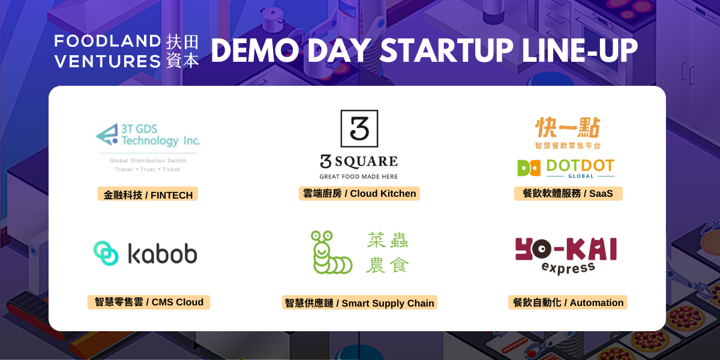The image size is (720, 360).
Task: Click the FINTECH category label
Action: (148, 194)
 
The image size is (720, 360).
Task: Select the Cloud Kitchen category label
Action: (359, 193)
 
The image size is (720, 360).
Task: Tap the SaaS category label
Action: (568, 193)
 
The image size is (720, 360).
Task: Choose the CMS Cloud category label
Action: (149, 302)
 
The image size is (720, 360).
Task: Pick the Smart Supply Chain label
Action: (359, 302)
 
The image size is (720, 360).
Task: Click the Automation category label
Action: (568, 302)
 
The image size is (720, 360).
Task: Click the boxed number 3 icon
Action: (359, 128)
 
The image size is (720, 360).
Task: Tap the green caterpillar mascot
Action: (331, 253)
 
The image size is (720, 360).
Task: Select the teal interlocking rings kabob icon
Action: (106, 253)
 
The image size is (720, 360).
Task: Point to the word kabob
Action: (163, 254)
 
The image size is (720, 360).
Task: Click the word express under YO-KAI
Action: (568, 268)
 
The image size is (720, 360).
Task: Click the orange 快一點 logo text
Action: (568, 127)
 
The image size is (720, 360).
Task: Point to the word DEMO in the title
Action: (255, 50)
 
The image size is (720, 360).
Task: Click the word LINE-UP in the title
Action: (580, 50)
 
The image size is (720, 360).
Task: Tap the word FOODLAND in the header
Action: (107, 41)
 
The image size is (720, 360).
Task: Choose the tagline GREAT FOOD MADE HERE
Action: (359, 176)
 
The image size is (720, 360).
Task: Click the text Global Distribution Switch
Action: (148, 160)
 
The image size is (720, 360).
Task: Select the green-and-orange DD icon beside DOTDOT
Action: (529, 168)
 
